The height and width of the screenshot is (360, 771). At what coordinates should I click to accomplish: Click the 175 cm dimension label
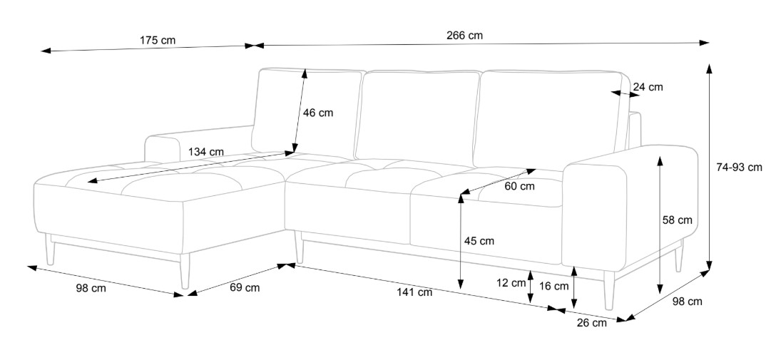click(x=158, y=40)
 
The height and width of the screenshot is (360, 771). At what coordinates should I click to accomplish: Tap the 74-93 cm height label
click(x=739, y=168)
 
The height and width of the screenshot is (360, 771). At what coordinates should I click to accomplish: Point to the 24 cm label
click(x=648, y=87)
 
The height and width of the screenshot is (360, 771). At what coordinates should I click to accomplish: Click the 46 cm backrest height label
click(x=317, y=113)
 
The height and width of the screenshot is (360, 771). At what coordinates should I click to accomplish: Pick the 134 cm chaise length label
click(x=206, y=152)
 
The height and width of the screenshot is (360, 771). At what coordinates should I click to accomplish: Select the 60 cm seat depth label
click(x=519, y=187)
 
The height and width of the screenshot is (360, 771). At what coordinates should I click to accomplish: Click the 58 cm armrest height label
click(x=677, y=220)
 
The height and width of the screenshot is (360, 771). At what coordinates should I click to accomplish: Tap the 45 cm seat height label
click(x=479, y=241)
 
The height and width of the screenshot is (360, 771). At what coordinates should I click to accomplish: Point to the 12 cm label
click(x=511, y=282)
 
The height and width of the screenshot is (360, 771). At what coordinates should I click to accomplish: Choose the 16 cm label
click(x=554, y=287)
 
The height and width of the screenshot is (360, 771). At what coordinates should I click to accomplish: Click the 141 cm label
click(x=415, y=292)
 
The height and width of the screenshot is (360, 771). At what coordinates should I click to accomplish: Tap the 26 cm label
click(x=591, y=323)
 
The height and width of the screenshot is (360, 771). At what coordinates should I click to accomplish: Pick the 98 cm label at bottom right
click(x=687, y=302)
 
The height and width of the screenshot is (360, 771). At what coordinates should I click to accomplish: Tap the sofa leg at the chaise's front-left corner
click(x=50, y=250)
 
